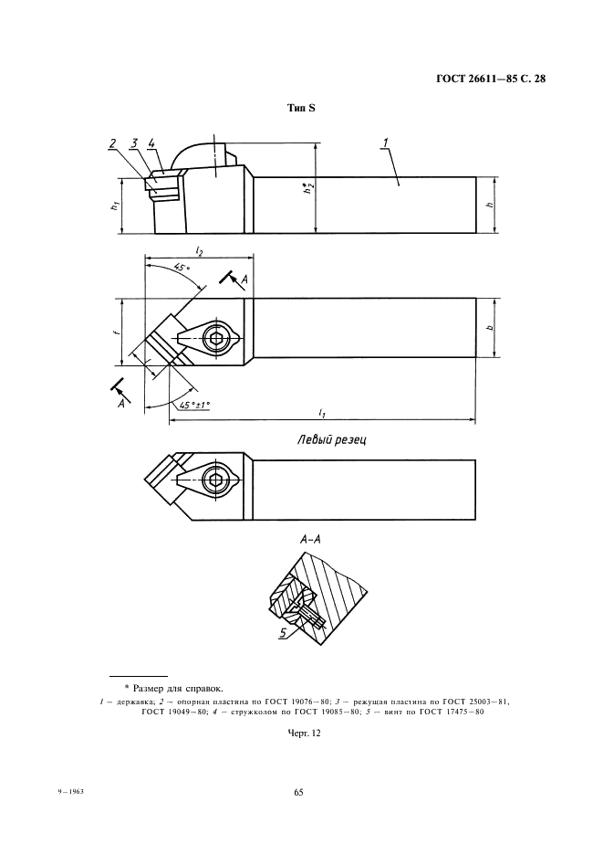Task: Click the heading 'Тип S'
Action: point(301,109)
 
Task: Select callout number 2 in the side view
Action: point(111,143)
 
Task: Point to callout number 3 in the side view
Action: point(133,142)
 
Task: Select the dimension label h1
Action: point(114,205)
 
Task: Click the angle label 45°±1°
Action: point(193,405)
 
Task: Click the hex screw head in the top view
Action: point(218,337)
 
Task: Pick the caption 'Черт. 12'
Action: point(302,732)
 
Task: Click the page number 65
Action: point(298,792)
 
